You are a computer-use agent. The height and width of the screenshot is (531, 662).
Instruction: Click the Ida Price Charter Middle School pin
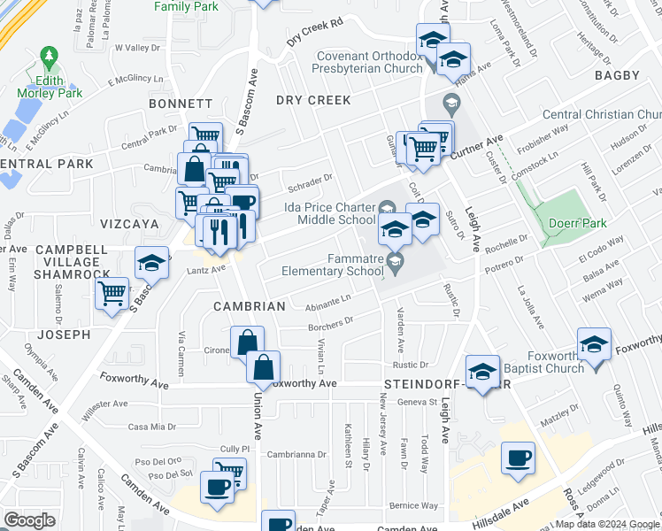coord(386,209)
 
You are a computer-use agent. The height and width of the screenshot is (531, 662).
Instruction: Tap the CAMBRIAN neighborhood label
coord(249,306)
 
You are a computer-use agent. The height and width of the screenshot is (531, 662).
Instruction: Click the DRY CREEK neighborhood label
coord(312,101)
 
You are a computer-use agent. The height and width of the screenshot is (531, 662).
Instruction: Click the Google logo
coord(29,520)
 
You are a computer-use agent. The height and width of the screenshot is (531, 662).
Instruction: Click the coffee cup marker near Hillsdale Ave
coord(518,458)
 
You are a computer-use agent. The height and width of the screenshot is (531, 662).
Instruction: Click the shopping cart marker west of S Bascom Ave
coord(112,292)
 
